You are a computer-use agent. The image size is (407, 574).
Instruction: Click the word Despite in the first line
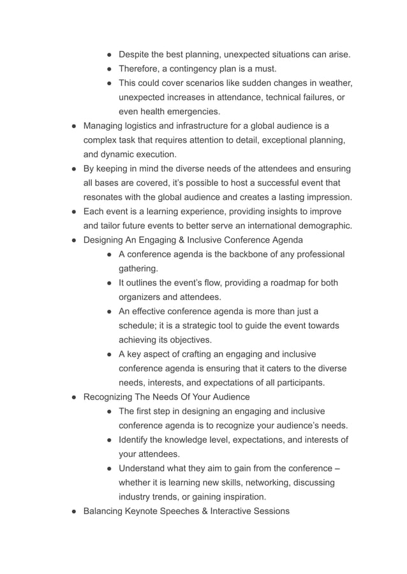135,55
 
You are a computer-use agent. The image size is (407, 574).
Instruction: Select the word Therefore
142,69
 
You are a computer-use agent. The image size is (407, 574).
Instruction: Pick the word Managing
105,126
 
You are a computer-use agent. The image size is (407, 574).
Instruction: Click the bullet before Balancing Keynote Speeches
74,511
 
